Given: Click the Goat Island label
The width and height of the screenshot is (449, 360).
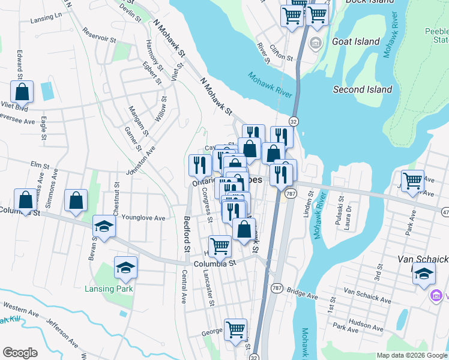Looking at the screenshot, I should [356, 41].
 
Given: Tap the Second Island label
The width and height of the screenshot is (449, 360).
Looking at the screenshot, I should [363, 89].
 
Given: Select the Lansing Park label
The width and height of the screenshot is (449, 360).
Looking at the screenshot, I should [108, 289].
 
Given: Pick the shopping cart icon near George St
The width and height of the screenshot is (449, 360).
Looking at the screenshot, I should [235, 329].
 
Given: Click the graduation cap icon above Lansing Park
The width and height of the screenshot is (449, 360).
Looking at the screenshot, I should [125, 267].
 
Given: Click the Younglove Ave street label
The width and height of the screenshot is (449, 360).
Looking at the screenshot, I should [143, 218].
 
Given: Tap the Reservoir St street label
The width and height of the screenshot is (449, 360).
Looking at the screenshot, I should [99, 35].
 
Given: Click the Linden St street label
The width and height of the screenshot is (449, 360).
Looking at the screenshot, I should [310, 205].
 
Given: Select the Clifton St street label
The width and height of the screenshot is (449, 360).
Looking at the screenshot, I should [281, 53].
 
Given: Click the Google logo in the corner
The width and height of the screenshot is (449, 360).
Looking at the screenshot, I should [20, 352].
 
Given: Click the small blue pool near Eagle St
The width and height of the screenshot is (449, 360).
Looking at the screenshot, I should [47, 91].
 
